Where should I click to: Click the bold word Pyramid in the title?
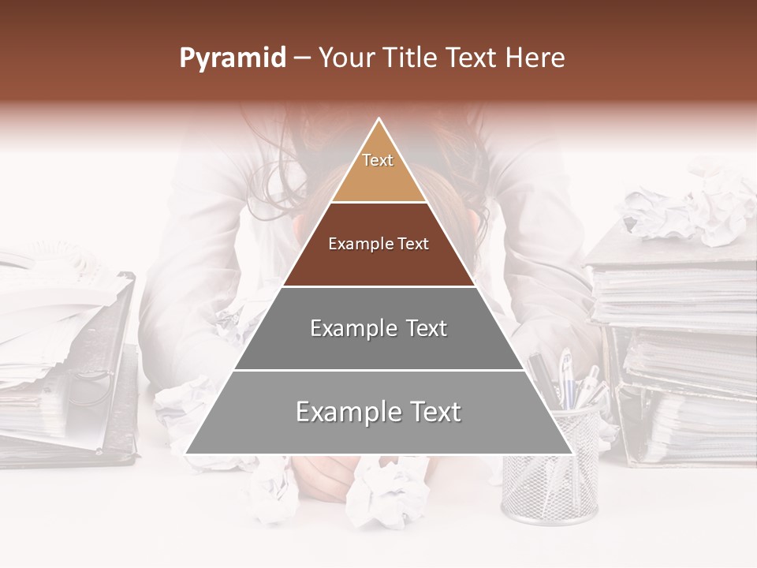(232, 58)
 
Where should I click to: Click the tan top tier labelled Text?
(378, 170)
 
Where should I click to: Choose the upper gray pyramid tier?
(378, 328)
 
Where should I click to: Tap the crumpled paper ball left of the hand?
(272, 489)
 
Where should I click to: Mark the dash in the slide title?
(301, 58)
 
